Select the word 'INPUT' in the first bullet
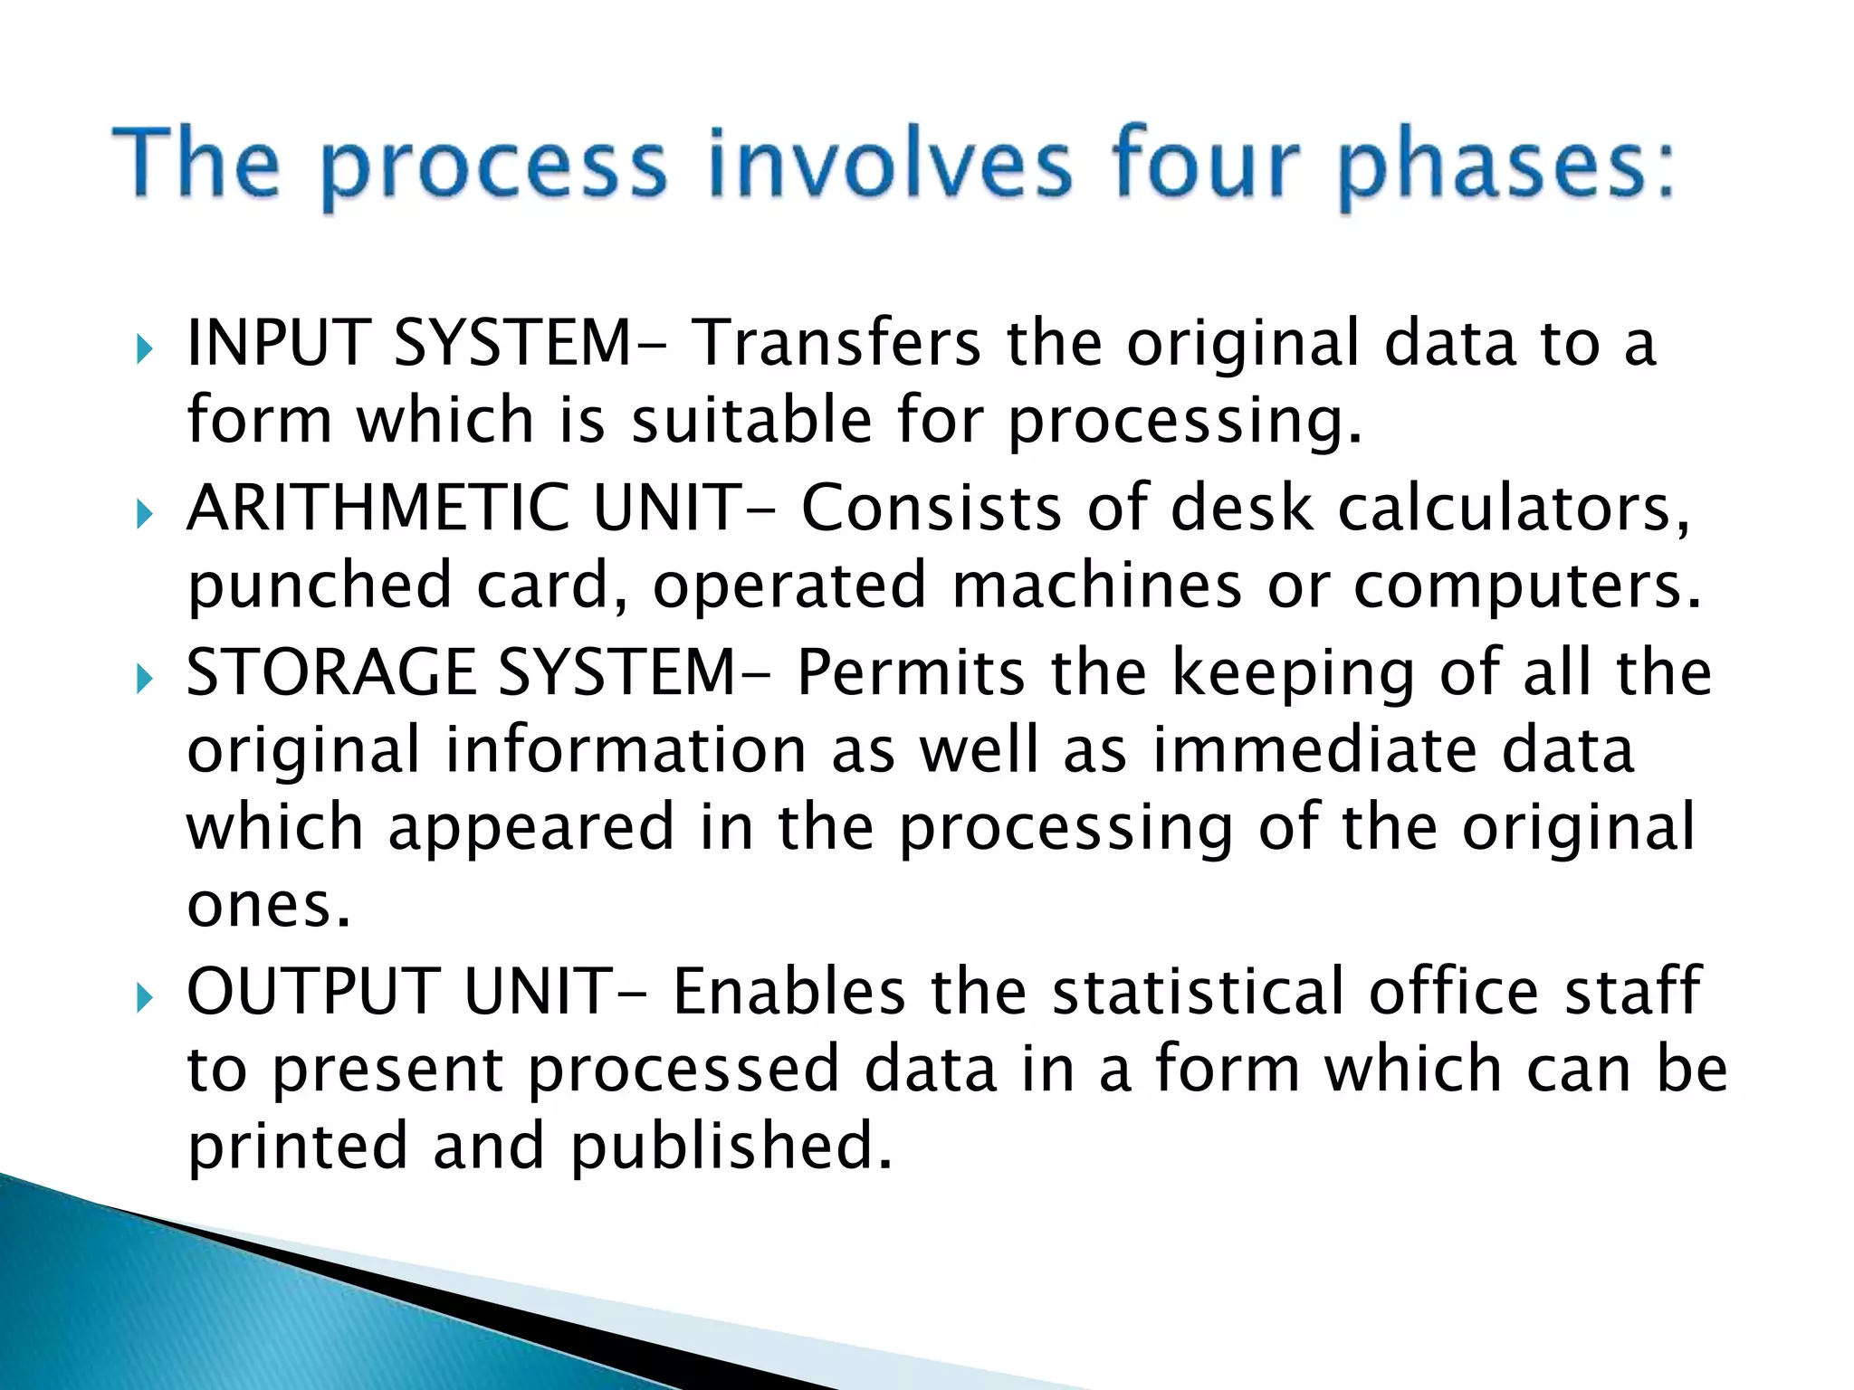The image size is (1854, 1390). pyautogui.click(x=277, y=343)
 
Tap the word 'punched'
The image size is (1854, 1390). pyautogui.click(x=320, y=586)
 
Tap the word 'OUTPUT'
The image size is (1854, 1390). pyautogui.click(x=313, y=991)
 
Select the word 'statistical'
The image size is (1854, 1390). pyautogui.click(x=1198, y=991)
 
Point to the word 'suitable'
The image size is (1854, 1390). pyautogui.click(x=751, y=421)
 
